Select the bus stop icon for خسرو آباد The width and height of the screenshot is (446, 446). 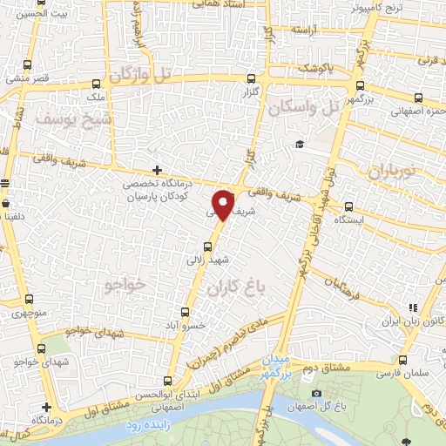click(x=184, y=312)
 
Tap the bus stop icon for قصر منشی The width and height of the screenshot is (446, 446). click(x=29, y=65)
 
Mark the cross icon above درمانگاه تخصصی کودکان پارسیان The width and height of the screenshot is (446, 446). click(x=157, y=169)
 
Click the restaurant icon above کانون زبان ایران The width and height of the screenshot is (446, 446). click(x=412, y=307)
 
